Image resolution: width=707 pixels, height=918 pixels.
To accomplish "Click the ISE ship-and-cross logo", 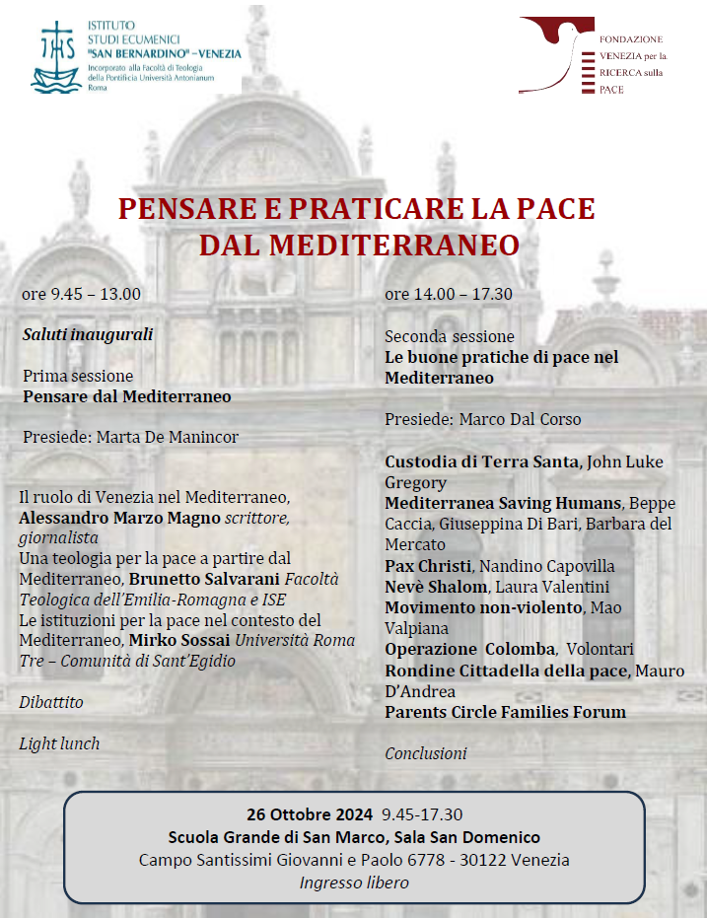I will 56,55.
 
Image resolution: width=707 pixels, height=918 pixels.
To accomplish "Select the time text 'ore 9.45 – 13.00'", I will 82,294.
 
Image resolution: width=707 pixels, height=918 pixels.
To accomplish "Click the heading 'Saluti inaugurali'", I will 88,334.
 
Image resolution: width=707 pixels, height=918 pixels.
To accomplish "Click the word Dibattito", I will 51,702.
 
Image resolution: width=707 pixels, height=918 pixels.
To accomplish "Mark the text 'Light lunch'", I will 59,743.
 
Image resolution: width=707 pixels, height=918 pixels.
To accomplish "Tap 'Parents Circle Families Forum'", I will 505,712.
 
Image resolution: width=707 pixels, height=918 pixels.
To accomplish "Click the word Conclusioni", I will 425,753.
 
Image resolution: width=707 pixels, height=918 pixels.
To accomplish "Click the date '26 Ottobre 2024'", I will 310,814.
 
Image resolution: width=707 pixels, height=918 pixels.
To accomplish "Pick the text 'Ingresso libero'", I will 354,883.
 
